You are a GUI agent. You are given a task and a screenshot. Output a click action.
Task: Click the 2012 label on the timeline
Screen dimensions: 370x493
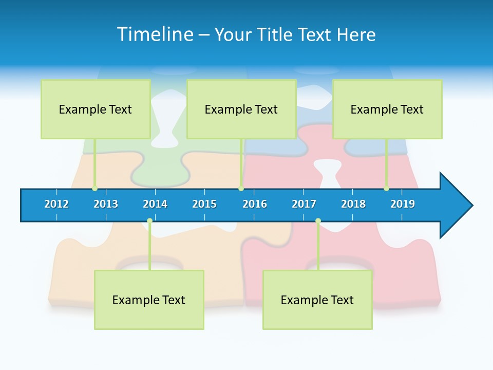tap(56, 204)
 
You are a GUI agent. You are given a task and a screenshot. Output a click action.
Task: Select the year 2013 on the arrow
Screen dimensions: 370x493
tap(106, 204)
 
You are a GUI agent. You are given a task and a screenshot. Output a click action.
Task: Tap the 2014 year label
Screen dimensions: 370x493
tap(155, 204)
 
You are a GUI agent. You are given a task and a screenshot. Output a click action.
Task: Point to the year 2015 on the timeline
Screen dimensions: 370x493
tap(204, 204)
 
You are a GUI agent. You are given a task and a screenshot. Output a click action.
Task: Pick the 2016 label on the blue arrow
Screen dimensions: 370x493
tap(255, 204)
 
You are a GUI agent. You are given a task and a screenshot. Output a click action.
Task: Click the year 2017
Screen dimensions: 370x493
tap(304, 204)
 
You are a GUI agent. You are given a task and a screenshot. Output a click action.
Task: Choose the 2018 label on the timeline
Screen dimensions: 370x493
tap(353, 204)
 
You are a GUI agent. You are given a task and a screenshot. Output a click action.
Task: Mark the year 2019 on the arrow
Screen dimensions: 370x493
tap(403, 204)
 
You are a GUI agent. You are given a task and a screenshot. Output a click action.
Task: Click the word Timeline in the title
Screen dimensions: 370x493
tap(155, 34)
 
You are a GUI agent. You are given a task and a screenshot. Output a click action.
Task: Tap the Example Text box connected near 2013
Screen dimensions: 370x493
tap(96, 109)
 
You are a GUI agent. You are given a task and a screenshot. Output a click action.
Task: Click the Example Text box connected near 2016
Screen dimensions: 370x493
tap(241, 109)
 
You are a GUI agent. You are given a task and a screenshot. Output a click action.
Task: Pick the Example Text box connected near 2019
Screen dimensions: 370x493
tap(387, 109)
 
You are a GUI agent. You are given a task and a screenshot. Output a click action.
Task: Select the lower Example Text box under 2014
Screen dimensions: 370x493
tap(149, 300)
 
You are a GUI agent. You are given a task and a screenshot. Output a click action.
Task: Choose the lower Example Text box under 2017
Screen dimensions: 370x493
tap(317, 300)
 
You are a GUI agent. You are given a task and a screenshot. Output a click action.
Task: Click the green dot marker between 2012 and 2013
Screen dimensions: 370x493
tap(94, 189)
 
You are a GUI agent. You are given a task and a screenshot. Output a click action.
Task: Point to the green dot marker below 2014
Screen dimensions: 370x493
tap(149, 221)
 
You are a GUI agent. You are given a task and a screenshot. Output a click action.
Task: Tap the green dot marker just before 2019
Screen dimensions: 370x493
tap(386, 189)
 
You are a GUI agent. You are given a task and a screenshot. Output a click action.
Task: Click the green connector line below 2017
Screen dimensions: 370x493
tap(318, 247)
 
